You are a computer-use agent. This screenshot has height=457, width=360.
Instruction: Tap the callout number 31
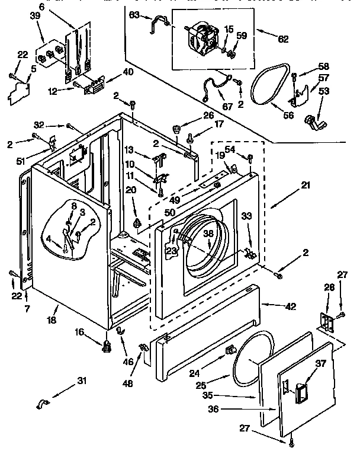coord(81,381)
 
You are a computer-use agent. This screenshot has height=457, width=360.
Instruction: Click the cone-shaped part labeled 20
coord(138,223)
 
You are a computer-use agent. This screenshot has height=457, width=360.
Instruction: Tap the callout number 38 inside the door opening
coord(208,233)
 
